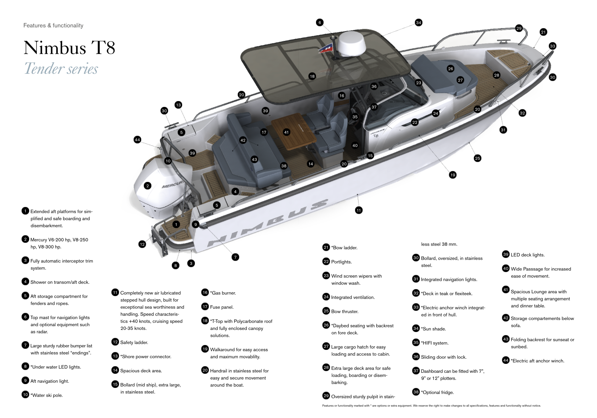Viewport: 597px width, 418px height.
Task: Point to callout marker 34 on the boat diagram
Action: pyautogui.click(x=418, y=23)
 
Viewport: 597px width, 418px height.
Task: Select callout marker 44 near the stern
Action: pyautogui.click(x=137, y=140)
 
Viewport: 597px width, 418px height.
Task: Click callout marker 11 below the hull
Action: pyautogui.click(x=359, y=210)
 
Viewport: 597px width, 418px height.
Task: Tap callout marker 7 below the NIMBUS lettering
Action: pyautogui.click(x=235, y=257)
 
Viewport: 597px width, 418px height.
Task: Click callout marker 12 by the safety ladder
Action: pyautogui.click(x=142, y=244)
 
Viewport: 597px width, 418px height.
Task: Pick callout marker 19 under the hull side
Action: pyautogui.click(x=453, y=175)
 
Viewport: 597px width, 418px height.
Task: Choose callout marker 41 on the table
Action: pyautogui.click(x=286, y=132)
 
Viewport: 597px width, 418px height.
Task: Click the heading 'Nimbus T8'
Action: pyautogui.click(x=69, y=48)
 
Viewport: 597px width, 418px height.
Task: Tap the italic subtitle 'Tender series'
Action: pyautogui.click(x=61, y=69)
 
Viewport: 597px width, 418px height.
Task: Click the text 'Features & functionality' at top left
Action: pyautogui.click(x=53, y=25)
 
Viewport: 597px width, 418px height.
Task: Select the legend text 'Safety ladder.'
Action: pyautogui.click(x=134, y=342)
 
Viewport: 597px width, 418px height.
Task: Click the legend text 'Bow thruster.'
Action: pyautogui.click(x=344, y=311)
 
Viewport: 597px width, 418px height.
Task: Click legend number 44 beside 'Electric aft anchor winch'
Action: pyautogui.click(x=505, y=360)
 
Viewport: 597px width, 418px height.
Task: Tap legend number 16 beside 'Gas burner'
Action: pyautogui.click(x=205, y=292)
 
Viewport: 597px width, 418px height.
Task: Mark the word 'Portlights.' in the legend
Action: pyautogui.click(x=341, y=262)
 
